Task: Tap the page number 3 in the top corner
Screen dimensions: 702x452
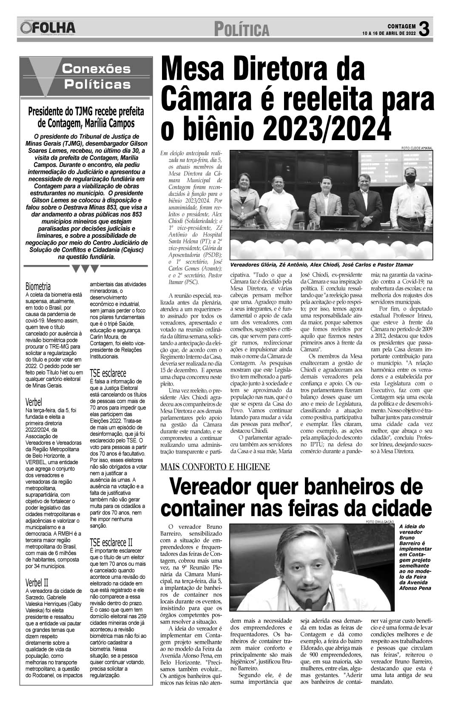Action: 424,29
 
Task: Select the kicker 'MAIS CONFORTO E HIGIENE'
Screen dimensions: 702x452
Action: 215,467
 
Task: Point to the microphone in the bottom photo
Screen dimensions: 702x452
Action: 310,603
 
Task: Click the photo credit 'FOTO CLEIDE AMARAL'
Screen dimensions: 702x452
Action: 416,148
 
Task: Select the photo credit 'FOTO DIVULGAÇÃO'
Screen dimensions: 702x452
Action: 380,522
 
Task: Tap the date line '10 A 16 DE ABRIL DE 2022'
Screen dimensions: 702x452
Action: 389,34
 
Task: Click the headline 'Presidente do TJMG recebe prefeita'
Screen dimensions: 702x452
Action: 86,112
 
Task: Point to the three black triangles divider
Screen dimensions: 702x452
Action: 85,269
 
